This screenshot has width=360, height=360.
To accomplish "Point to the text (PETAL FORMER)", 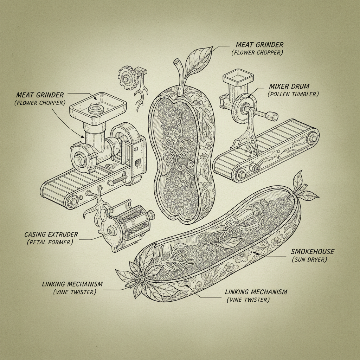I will tap(49, 242).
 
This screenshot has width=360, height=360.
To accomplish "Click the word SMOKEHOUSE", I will tap(313, 252).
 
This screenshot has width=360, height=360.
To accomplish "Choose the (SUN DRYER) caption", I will tap(309, 260).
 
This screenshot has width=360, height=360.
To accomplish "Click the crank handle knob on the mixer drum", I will tap(271, 115).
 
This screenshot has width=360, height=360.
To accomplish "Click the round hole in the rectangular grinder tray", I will tap(95, 109).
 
